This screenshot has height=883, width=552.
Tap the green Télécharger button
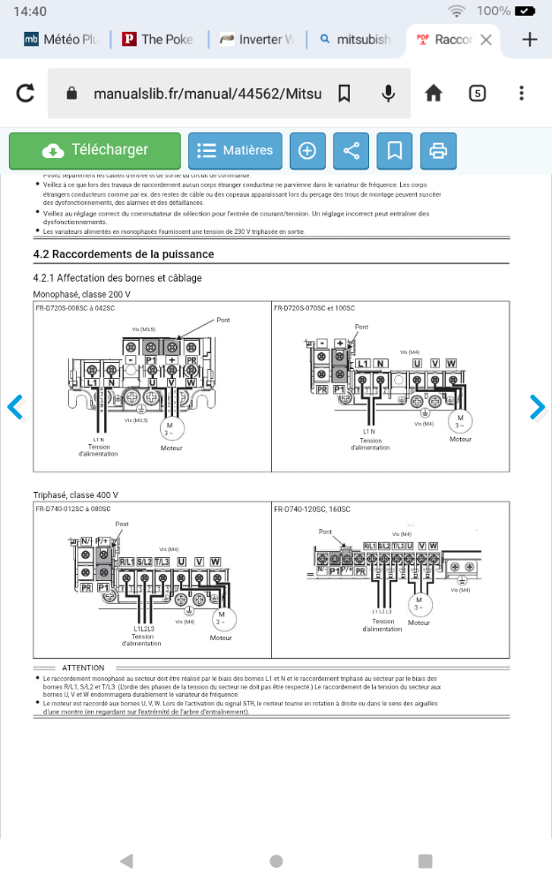95,151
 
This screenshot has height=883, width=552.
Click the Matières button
235,151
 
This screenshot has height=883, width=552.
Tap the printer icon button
438,151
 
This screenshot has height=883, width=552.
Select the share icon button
351,151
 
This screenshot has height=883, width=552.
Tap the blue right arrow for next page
537,407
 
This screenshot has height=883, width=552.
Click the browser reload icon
26,94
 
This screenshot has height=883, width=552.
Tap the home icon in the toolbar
433,94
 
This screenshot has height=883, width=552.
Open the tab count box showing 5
477,94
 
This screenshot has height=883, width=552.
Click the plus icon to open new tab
530,40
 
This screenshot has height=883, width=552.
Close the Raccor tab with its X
486,40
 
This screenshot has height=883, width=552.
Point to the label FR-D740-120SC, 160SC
312,509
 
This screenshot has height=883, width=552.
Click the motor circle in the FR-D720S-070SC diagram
460,419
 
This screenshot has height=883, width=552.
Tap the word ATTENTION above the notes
83,668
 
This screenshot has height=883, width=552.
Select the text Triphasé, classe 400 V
75,494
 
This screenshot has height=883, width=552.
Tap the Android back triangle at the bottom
126,861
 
